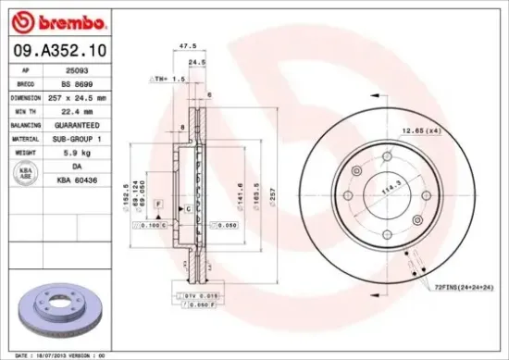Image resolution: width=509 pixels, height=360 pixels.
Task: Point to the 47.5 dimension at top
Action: pyautogui.click(x=188, y=44)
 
